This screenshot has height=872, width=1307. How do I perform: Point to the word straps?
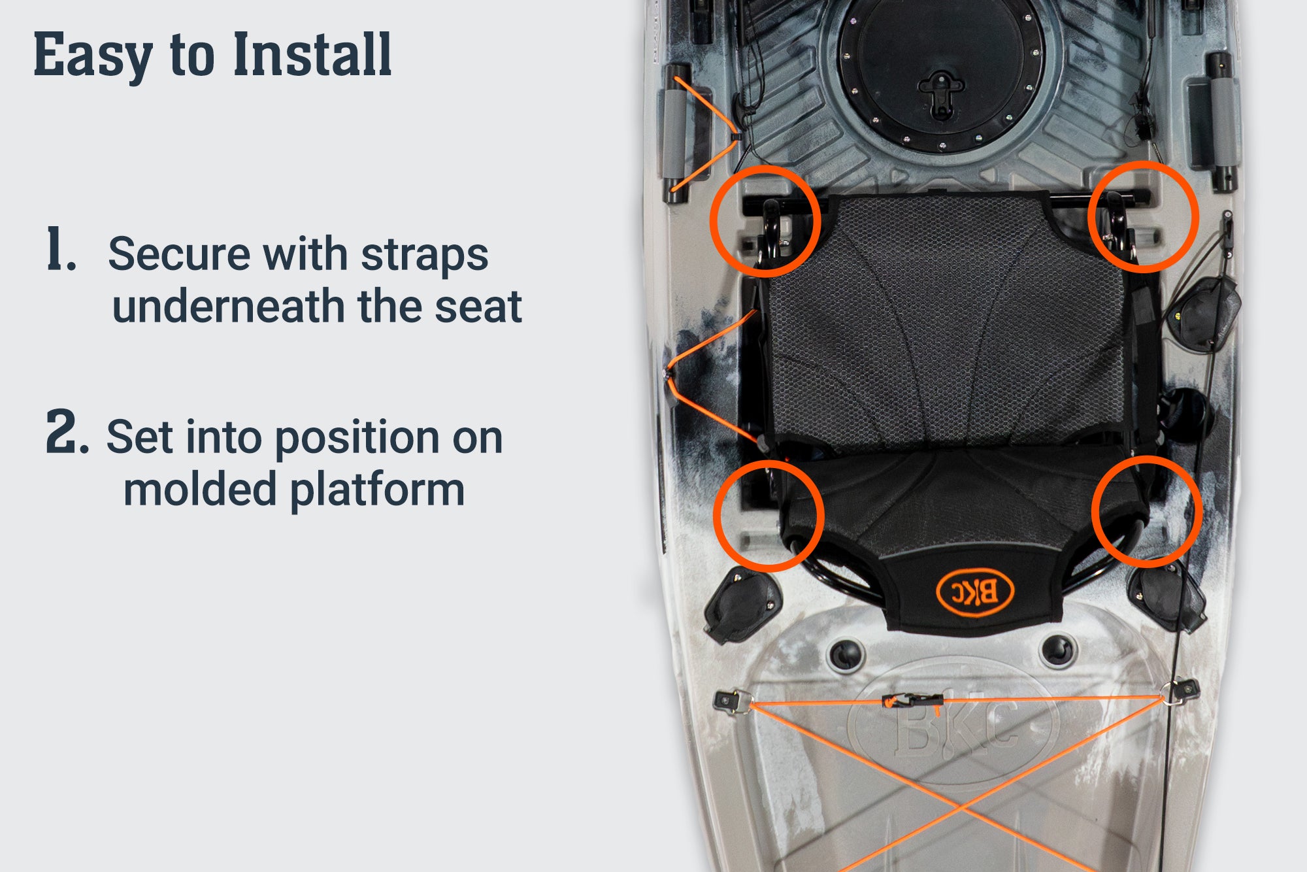425,254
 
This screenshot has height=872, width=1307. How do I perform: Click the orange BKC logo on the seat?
975,593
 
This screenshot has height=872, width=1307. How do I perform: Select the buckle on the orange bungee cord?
912,701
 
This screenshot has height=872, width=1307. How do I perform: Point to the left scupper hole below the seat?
846,652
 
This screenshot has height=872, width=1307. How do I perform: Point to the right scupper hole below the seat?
1057,649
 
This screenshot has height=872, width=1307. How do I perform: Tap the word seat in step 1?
478,307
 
